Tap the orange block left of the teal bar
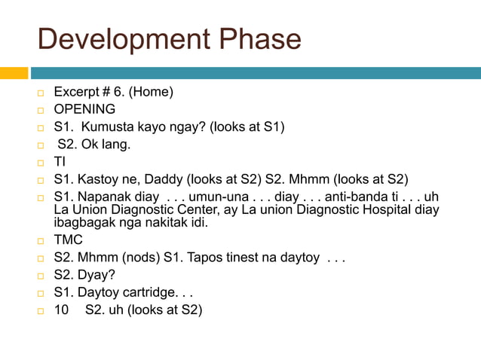(14, 73)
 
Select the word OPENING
(84, 110)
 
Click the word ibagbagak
(83, 223)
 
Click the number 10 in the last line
(61, 310)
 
